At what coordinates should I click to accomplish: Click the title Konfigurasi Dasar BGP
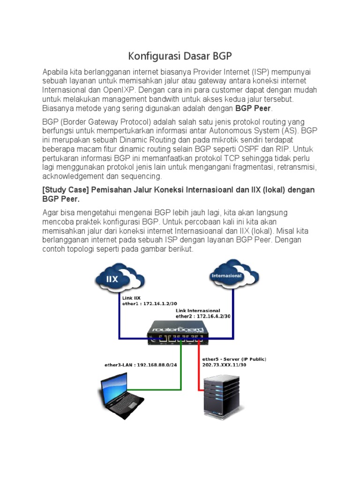pyautogui.click(x=180, y=57)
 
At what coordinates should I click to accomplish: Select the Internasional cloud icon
pyautogui.click(x=227, y=276)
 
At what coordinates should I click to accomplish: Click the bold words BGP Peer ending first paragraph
pyautogui.click(x=253, y=108)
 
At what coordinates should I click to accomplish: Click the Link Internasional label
pyautogui.click(x=198, y=310)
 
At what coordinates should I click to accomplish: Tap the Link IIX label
pyautogui.click(x=131, y=298)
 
